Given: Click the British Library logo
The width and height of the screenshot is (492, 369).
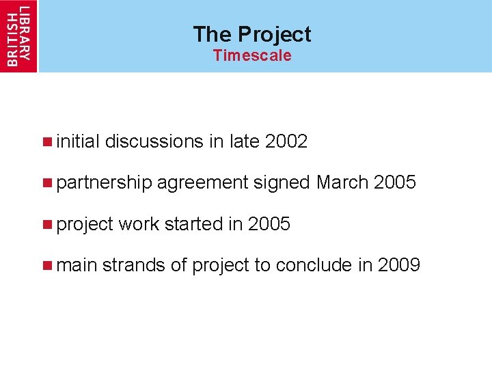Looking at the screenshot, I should point(18,35).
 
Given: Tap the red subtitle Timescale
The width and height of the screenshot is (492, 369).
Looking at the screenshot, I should point(251,55).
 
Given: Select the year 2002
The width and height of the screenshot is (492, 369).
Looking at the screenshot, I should point(286,141).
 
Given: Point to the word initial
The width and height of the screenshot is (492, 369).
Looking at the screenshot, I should point(79,141).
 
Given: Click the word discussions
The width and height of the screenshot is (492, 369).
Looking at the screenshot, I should point(154,141).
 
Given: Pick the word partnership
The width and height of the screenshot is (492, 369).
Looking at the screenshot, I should point(104,182).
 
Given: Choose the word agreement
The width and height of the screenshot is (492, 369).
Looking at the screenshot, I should point(202,183).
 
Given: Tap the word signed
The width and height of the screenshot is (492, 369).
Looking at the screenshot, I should point(282,183).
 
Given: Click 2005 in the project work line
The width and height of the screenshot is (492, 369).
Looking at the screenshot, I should point(269,223).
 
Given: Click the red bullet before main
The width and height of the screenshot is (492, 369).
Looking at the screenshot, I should point(46,265).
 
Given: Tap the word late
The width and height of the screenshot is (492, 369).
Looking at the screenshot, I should point(244,141).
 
